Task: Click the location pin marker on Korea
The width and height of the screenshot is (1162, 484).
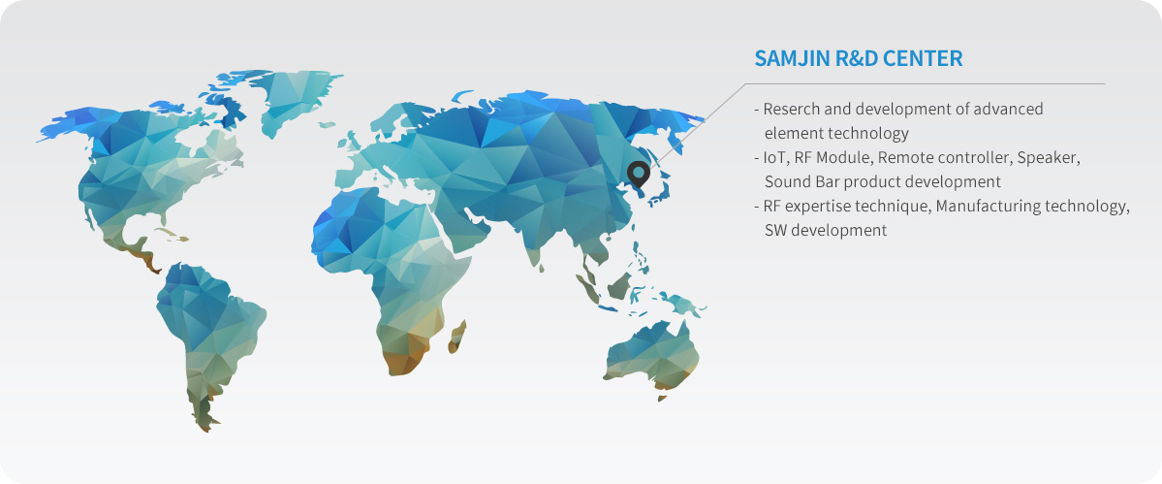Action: (638, 175)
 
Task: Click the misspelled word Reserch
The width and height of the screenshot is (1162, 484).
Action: (789, 109)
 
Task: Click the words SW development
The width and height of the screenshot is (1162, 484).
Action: (826, 231)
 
